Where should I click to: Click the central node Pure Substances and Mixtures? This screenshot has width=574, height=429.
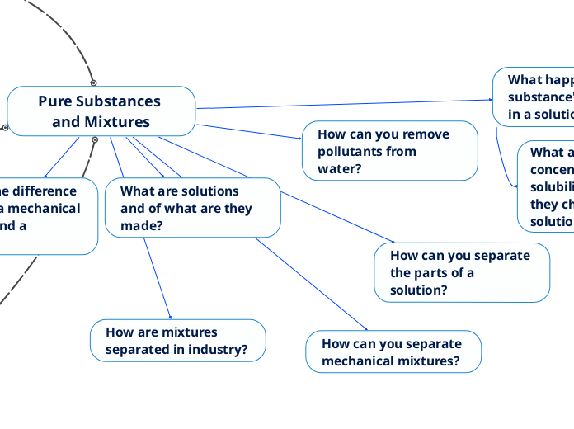[x=101, y=111]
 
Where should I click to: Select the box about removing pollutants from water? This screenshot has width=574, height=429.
[x=389, y=151]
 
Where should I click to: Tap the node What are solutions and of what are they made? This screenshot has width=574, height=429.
[x=193, y=208]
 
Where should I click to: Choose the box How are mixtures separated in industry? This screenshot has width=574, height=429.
[x=177, y=341]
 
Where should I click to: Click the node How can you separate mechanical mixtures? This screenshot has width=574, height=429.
[x=393, y=352]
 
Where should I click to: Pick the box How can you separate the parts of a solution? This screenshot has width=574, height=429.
[x=462, y=272]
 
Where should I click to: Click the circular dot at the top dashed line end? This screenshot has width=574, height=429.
[x=93, y=82]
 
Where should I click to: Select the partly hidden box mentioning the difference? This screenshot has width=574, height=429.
[x=45, y=209]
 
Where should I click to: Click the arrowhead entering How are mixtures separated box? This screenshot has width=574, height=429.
[x=170, y=317]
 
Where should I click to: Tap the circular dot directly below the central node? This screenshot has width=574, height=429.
[x=95, y=140]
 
